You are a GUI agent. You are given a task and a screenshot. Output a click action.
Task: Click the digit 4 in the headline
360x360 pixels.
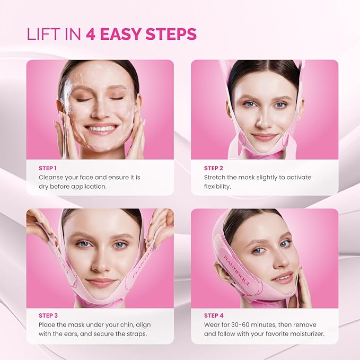[91, 34]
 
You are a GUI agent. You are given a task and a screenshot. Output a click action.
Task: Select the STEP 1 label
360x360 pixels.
[48, 168]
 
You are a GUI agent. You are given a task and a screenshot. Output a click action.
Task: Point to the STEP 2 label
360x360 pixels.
[214, 168]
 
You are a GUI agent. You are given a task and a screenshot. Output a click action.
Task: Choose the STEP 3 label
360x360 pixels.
[48, 315]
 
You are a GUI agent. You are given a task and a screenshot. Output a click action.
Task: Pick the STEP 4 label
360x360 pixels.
[214, 315]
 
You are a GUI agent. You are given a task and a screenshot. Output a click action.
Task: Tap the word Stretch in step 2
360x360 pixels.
[214, 177]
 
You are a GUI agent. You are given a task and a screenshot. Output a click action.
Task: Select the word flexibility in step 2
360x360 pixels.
[217, 187]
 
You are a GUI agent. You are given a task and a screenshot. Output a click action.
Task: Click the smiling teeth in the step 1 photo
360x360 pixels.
[102, 128]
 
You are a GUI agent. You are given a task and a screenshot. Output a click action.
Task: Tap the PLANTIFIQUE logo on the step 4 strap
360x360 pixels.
[237, 270]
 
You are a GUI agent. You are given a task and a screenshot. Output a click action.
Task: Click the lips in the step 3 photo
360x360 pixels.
[101, 283]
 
